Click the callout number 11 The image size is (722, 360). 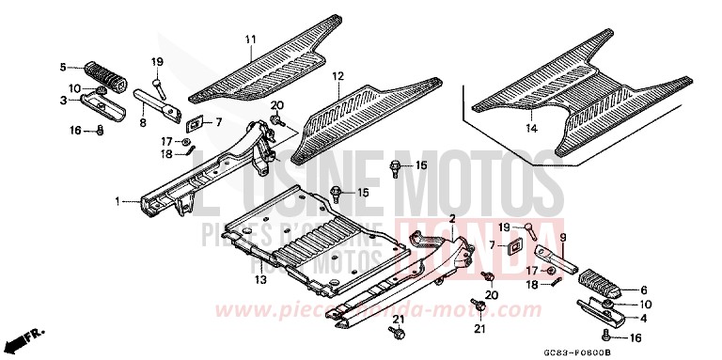point(250,39)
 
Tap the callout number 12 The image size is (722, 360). point(337,75)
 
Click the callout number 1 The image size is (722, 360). point(118,201)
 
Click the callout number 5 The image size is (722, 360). point(63,67)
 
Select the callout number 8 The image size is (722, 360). point(143,121)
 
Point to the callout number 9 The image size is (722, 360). point(563,237)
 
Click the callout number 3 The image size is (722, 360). point(63,100)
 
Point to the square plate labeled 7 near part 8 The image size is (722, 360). point(196,122)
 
